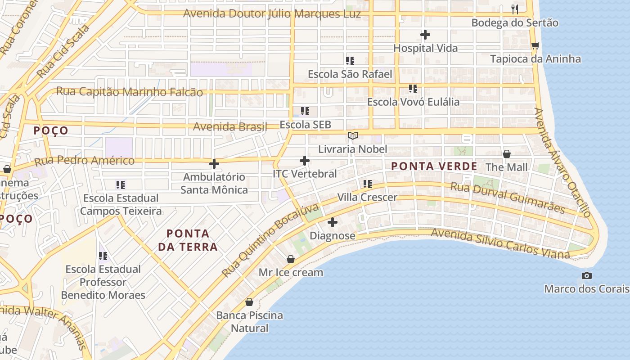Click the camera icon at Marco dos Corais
tap(586, 275)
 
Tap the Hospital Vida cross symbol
tap(425, 35)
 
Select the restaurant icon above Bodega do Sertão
tap(515, 9)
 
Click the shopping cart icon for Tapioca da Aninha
tap(535, 45)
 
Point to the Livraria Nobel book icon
tap(353, 135)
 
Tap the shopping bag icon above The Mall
tap(507, 154)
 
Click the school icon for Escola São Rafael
tap(350, 60)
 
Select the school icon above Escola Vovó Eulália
tap(413, 88)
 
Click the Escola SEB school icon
tap(305, 111)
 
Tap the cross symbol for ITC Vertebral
tap(305, 160)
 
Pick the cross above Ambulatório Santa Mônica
tap(214, 164)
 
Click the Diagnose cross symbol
tap(333, 222)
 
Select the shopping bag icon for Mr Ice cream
tap(291, 259)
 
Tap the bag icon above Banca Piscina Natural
tap(249, 302)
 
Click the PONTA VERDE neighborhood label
tap(434, 166)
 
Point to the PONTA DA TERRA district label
tap(188, 240)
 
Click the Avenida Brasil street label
tap(230, 127)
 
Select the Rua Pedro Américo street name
tap(85, 161)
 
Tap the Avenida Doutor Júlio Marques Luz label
tap(272, 13)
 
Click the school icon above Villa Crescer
tap(367, 184)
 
